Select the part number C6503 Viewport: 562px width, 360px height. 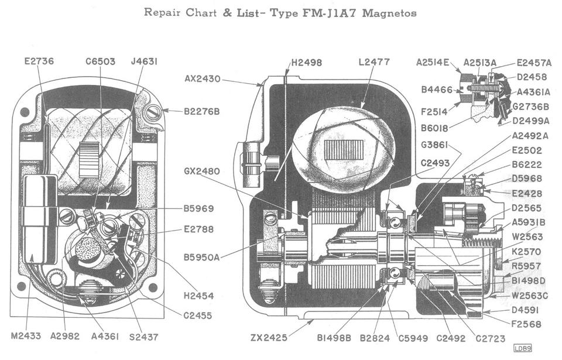click(100, 61)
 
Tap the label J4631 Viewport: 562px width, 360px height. click(145, 61)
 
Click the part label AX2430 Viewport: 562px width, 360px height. click(203, 78)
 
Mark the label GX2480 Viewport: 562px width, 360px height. click(202, 172)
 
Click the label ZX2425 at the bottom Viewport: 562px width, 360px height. click(268, 338)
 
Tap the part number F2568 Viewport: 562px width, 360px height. click(527, 324)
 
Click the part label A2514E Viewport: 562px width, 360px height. click(433, 62)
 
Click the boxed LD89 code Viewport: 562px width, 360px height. click(522, 349)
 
